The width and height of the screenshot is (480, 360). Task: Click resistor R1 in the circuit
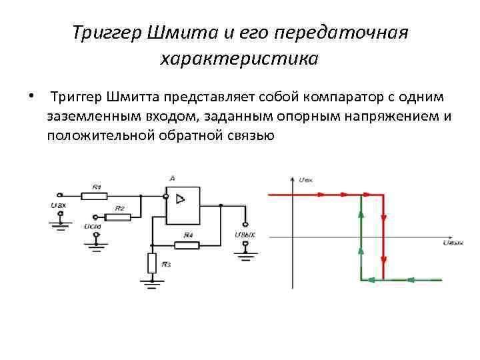94,195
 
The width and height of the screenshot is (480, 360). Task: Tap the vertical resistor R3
153,263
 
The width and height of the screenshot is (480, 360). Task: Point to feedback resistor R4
188,243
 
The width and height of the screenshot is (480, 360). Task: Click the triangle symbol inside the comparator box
180,199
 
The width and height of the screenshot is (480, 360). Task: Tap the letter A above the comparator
172,179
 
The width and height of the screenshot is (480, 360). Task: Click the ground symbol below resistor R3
153,283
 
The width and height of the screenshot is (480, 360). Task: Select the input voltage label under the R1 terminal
58,206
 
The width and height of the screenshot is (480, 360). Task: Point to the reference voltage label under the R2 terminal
93,227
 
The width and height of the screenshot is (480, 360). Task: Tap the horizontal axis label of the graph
453,243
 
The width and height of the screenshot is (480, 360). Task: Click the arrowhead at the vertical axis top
293,179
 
